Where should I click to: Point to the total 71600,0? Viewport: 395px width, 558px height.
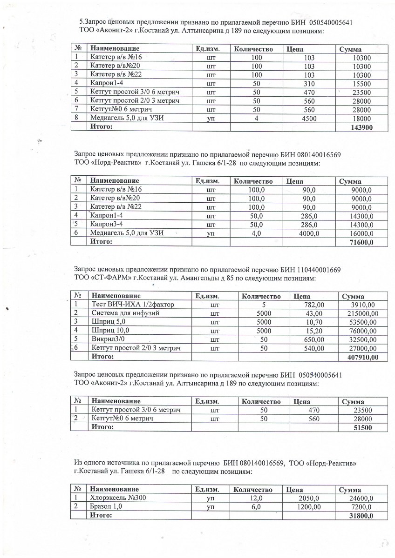pos(361,242)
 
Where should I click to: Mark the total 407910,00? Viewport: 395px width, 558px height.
pos(361,357)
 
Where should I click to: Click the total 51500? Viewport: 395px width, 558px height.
pos(363,427)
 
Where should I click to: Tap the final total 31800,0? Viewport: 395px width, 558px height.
pos(361,516)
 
